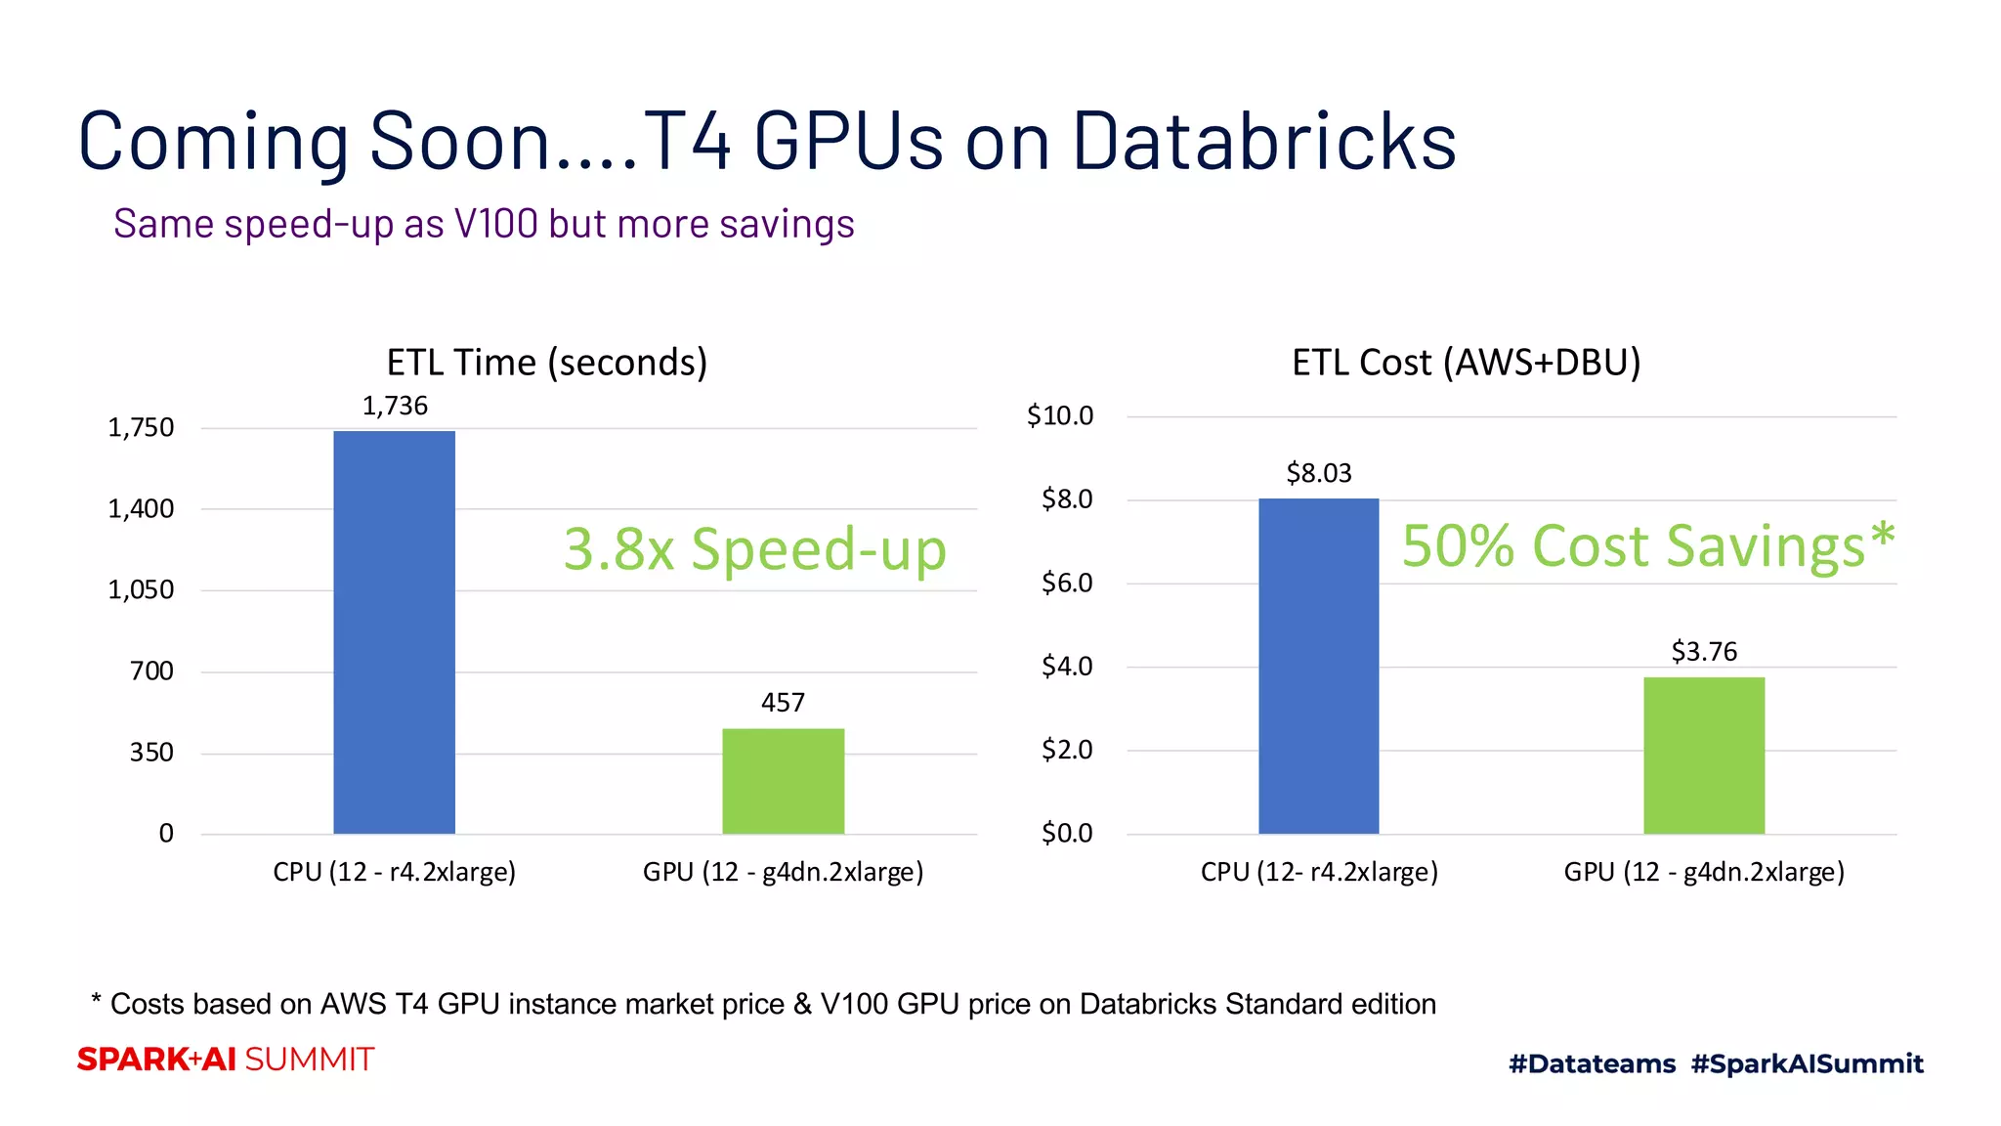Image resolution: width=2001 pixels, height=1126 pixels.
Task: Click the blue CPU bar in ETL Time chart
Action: [x=394, y=632]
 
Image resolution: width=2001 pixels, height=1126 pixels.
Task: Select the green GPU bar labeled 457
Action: [x=783, y=781]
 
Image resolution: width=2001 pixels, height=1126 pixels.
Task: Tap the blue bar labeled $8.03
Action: [x=1318, y=666]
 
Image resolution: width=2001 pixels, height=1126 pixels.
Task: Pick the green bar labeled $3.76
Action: [x=1703, y=756]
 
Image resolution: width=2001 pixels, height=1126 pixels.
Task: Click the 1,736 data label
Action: [x=395, y=406]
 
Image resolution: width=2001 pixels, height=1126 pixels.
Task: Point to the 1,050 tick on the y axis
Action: [x=141, y=589]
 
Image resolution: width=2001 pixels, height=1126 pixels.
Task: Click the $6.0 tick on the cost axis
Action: [x=1066, y=584]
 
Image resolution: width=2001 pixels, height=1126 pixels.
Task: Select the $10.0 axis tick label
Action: [x=1059, y=415]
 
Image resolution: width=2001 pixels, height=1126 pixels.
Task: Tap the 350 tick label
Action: [x=151, y=753]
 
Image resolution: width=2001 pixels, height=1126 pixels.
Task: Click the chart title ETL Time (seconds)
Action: [x=546, y=363]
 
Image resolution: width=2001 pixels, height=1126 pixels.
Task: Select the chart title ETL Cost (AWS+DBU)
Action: [x=1466, y=363]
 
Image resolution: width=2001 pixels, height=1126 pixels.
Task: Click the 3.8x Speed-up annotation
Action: [x=754, y=548]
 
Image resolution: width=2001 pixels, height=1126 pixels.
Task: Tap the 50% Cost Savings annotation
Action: [x=1647, y=545]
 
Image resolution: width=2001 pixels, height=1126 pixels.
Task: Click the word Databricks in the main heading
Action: [x=1264, y=142]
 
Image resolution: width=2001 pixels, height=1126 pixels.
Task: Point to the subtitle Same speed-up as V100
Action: [x=484, y=224]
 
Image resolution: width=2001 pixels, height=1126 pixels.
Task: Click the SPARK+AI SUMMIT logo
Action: [x=226, y=1060]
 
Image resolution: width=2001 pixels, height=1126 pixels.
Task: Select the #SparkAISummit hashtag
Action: [x=1807, y=1063]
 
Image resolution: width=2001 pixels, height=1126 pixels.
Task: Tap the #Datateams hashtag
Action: [x=1592, y=1063]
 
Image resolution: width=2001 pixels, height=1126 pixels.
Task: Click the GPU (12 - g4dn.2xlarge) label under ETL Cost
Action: [x=1703, y=872]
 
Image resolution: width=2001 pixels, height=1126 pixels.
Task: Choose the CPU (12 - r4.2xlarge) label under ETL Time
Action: [x=394, y=872]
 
